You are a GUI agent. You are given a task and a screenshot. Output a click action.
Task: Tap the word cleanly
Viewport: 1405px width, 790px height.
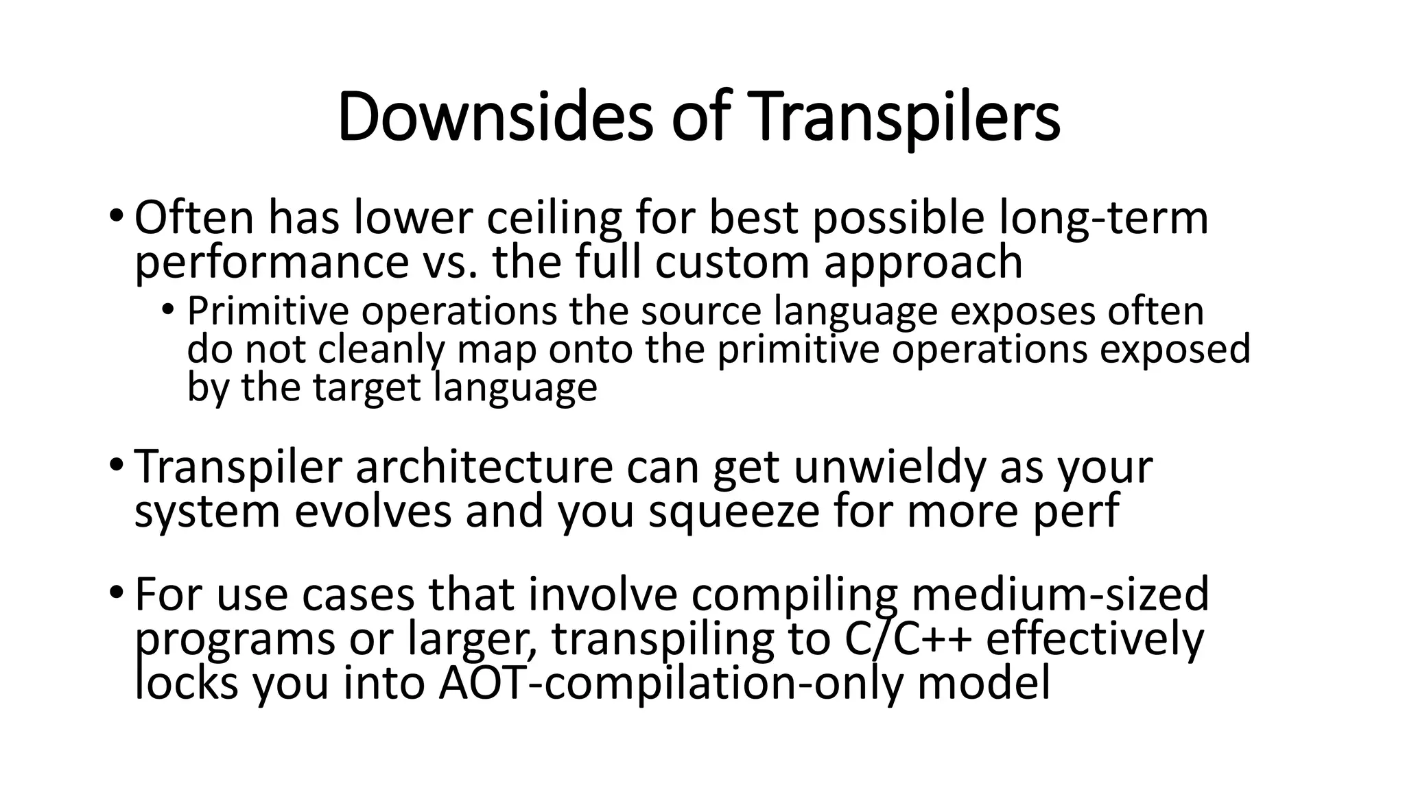point(383,349)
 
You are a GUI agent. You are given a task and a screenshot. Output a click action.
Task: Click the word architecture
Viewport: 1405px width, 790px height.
point(484,468)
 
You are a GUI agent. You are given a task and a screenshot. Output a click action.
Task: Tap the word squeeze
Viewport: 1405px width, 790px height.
point(734,512)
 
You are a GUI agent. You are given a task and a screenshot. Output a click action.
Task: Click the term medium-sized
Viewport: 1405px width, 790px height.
point(1059,595)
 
